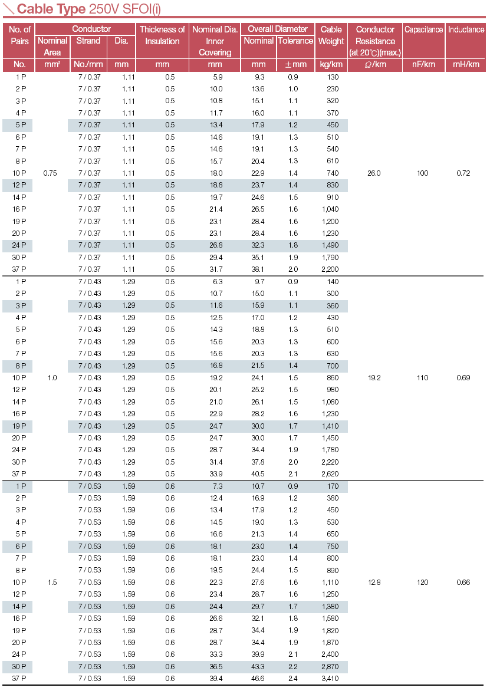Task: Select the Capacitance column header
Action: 423,29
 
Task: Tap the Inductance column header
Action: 466,29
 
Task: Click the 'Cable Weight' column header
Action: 331,35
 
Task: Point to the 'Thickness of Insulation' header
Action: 162,35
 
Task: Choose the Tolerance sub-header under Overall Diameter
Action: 295,41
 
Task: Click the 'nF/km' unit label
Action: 423,64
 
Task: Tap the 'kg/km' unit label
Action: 331,64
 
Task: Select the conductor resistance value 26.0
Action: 374,173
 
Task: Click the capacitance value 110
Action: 423,378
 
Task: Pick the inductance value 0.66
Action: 463,583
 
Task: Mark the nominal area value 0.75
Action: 51,173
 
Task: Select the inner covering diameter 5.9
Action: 218,77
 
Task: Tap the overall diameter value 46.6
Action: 258,679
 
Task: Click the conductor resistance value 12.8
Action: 374,583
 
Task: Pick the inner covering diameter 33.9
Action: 216,474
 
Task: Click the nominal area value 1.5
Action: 52,583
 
